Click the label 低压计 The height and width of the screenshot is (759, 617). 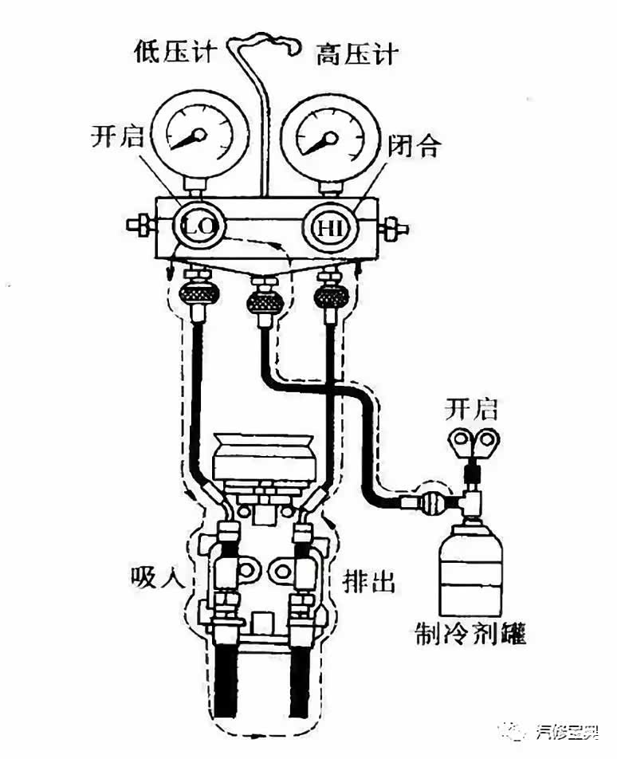click(x=173, y=53)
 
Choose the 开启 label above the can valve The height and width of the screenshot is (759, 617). click(x=470, y=411)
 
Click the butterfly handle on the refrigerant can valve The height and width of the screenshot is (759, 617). click(x=473, y=441)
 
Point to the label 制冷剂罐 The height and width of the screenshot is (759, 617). click(x=471, y=634)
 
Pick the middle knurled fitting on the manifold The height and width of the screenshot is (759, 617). click(x=263, y=301)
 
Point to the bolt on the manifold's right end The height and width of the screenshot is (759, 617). click(x=390, y=230)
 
